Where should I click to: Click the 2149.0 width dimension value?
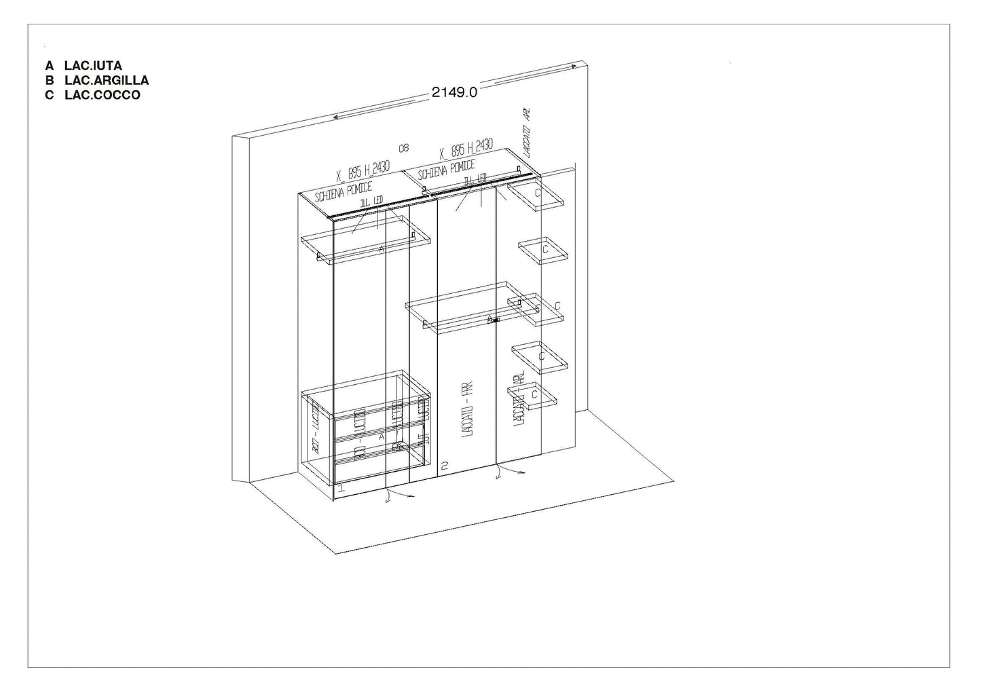pos(454,92)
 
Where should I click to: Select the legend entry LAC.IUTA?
pos(93,66)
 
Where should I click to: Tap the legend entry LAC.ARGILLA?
pos(107,80)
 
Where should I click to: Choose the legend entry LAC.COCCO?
pos(102,95)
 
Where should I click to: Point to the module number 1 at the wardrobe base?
pos(341,487)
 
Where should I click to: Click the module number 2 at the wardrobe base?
pos(445,466)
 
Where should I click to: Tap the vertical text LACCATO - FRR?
pos(466,411)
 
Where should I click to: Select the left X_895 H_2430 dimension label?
pos(363,172)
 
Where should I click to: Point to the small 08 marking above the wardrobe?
pos(404,147)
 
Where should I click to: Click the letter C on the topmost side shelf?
pos(538,193)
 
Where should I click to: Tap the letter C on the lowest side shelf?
pos(535,393)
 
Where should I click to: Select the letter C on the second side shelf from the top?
pos(544,250)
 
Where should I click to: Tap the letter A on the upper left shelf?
pos(382,249)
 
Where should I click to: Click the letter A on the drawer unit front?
pos(382,436)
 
